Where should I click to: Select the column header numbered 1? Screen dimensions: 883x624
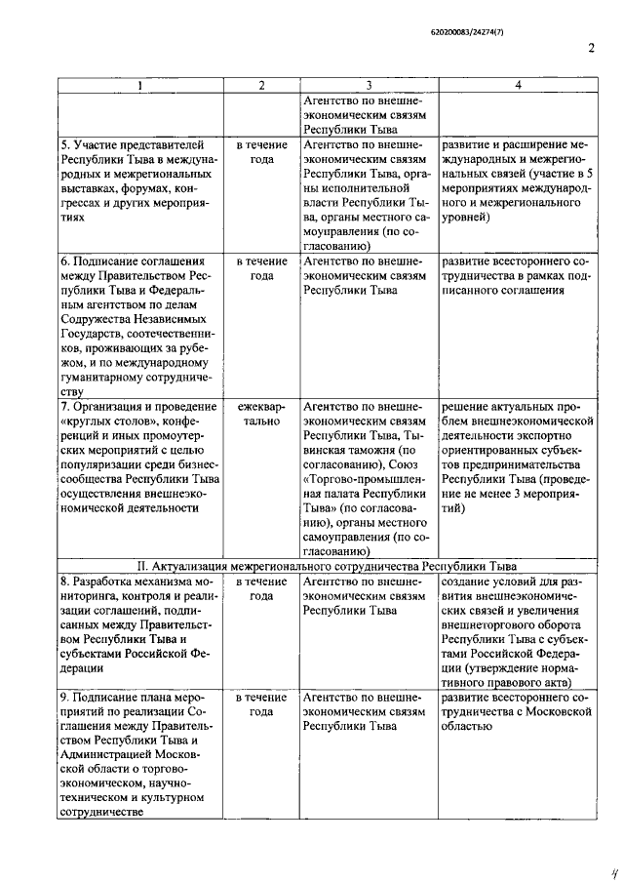[140, 86]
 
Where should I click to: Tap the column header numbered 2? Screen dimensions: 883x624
[260, 86]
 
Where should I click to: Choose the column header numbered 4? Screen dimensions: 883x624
[518, 86]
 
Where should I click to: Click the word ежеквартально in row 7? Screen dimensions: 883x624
[260, 413]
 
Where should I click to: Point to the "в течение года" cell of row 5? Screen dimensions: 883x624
[260, 151]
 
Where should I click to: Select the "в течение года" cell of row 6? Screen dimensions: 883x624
[260, 269]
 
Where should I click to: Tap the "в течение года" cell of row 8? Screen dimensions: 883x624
[260, 588]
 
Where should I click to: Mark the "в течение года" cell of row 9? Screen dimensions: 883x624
[260, 706]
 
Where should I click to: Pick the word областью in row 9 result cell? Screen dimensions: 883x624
[471, 728]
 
